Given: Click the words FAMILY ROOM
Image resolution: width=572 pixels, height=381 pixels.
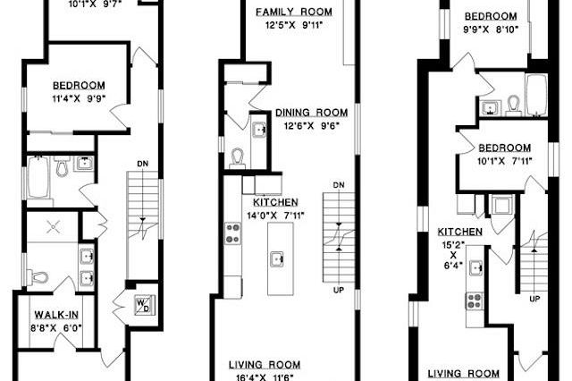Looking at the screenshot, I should pyautogui.click(x=294, y=12).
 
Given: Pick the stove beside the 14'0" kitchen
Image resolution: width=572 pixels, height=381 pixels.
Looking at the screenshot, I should pyautogui.click(x=233, y=233).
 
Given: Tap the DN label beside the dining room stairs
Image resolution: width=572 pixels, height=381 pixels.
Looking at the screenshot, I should pyautogui.click(x=338, y=184).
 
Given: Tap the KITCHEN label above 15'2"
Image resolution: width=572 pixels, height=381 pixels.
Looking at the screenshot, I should pyautogui.click(x=460, y=232).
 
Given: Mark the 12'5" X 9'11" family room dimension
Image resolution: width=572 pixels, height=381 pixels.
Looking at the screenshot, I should pyautogui.click(x=294, y=24).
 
